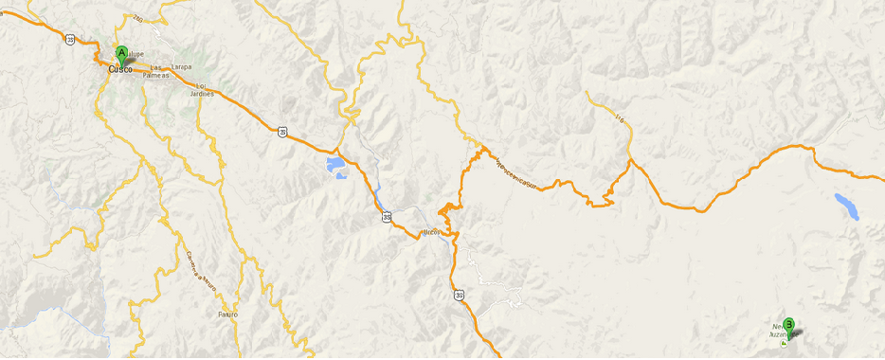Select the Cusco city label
[120, 69]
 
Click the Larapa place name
[182, 66]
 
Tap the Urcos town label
[432, 230]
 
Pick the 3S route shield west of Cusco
[71, 40]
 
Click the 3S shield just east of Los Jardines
[281, 132]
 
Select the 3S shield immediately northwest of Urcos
[387, 217]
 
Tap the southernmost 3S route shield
[459, 295]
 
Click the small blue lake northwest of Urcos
[336, 169]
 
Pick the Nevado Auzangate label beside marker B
[781, 331]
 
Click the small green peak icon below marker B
[783, 345]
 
